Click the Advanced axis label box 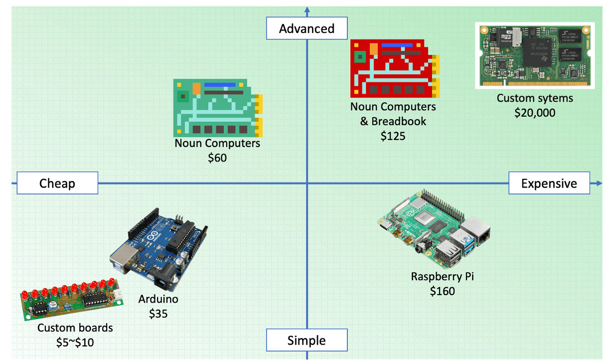coord(306,28)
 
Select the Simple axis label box coord(306,341)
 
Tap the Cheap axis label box coord(57,183)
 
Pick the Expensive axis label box coord(549,183)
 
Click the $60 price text coord(217,158)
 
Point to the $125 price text coord(393,136)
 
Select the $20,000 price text coord(535,113)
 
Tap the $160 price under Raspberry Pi coord(443,291)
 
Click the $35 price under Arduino coord(158,314)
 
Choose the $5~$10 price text coord(75,343)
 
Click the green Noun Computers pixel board coord(217,108)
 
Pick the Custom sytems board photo coord(534,55)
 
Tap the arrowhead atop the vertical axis coord(307,9)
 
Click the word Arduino coord(158,299)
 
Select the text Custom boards coord(75,328)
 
